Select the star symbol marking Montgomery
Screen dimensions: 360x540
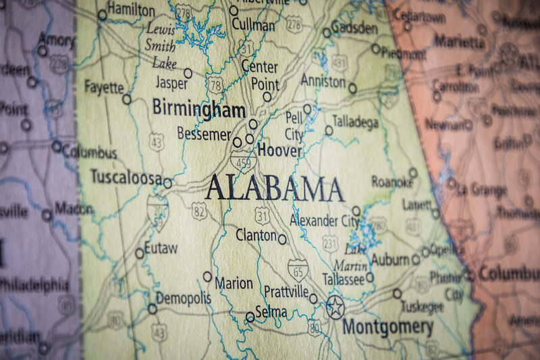tap(335, 307)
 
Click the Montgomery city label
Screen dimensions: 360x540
tap(387, 328)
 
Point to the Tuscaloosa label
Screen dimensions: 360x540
tap(126, 177)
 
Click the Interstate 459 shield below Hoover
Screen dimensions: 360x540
tap(242, 162)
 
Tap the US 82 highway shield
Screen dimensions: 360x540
tap(198, 210)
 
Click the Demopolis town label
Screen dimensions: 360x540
tap(184, 298)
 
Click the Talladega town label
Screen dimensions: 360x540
tap(356, 122)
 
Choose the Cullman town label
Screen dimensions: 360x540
tap(253, 25)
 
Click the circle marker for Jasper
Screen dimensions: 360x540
tap(188, 73)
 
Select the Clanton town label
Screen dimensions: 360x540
tap(256, 235)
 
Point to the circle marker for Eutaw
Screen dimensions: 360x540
tap(140, 253)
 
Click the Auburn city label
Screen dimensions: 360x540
tap(391, 259)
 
